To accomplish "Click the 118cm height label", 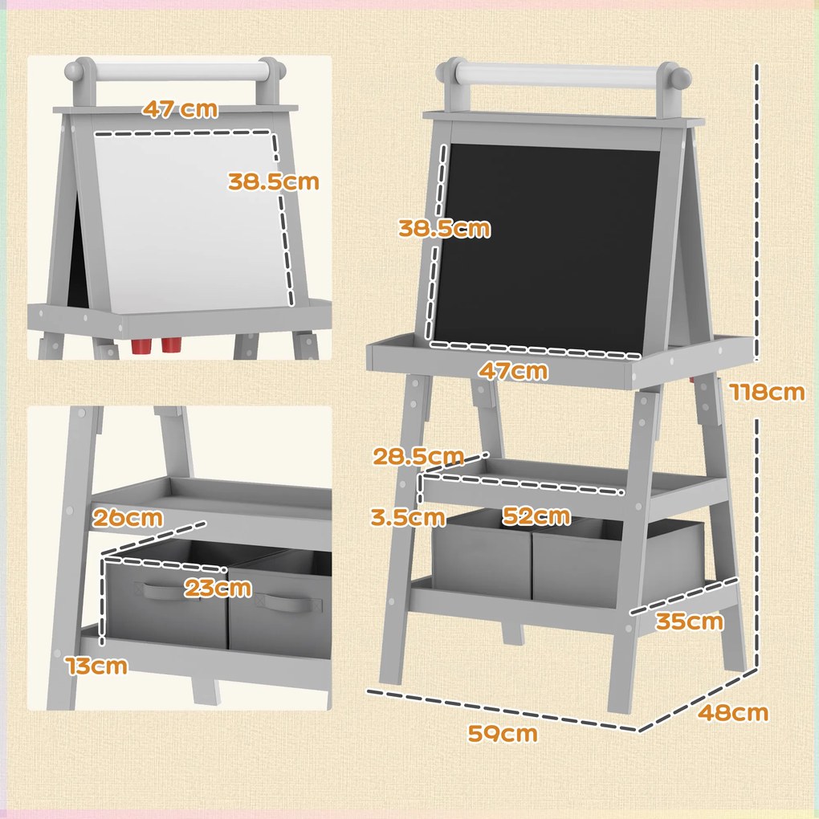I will tap(766, 392).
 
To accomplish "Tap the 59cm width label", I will tap(504, 733).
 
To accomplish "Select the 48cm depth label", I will tap(732, 712).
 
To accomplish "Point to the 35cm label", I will tap(688, 621).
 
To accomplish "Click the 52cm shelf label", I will tap(536, 515).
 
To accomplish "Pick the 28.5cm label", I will tap(418, 457).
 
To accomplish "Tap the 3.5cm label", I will tap(408, 517).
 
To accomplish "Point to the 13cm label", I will tap(96, 665).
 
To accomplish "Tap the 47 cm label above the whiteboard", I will tap(181, 109).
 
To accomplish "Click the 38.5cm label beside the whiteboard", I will tap(273, 181).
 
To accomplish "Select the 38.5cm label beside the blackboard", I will tap(443, 229).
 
